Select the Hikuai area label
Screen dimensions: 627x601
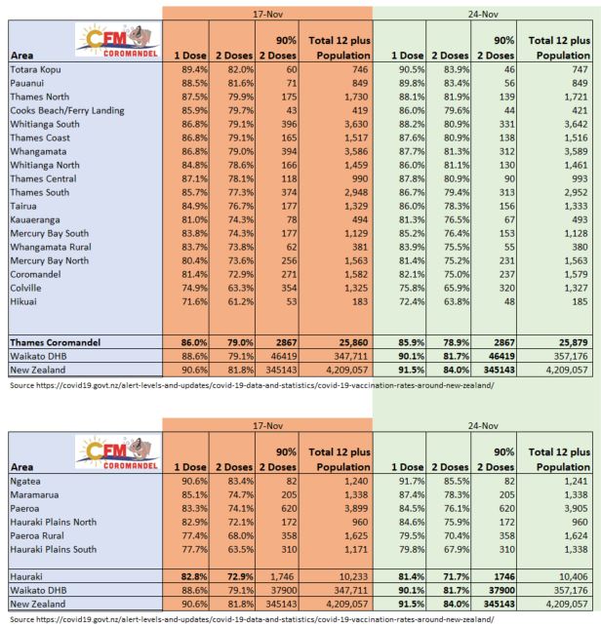point(25,302)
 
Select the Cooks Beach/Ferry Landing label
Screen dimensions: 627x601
point(67,111)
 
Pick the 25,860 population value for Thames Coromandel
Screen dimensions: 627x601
point(342,343)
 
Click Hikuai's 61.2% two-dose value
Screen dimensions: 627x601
point(238,302)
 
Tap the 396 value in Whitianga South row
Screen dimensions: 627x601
point(284,126)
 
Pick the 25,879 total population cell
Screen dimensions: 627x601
point(567,343)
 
